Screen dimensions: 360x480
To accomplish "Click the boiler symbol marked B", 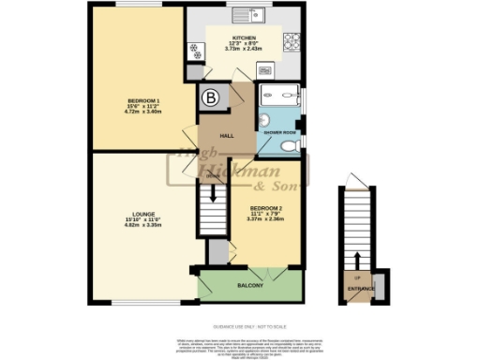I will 210,97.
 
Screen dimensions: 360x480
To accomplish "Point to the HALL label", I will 226,133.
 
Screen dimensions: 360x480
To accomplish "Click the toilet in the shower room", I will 292,145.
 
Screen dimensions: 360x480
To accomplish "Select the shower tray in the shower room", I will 277,94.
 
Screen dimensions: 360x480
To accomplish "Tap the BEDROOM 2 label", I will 265,207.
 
